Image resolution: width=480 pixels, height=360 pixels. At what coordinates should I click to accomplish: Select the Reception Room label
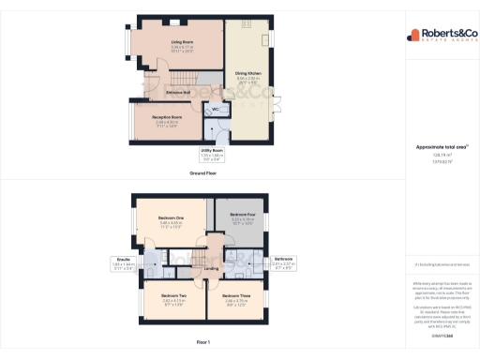(x=169, y=118)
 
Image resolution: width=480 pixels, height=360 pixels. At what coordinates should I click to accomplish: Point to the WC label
(x=215, y=110)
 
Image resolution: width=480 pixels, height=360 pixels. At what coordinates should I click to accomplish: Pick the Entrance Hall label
(x=179, y=92)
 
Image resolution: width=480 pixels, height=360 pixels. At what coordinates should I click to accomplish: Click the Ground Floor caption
(x=203, y=173)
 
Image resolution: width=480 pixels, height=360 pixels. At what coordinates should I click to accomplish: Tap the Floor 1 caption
(x=203, y=341)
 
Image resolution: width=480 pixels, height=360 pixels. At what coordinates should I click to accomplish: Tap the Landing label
(x=212, y=268)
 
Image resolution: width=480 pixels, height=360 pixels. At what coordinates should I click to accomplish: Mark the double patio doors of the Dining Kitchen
(x=276, y=106)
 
